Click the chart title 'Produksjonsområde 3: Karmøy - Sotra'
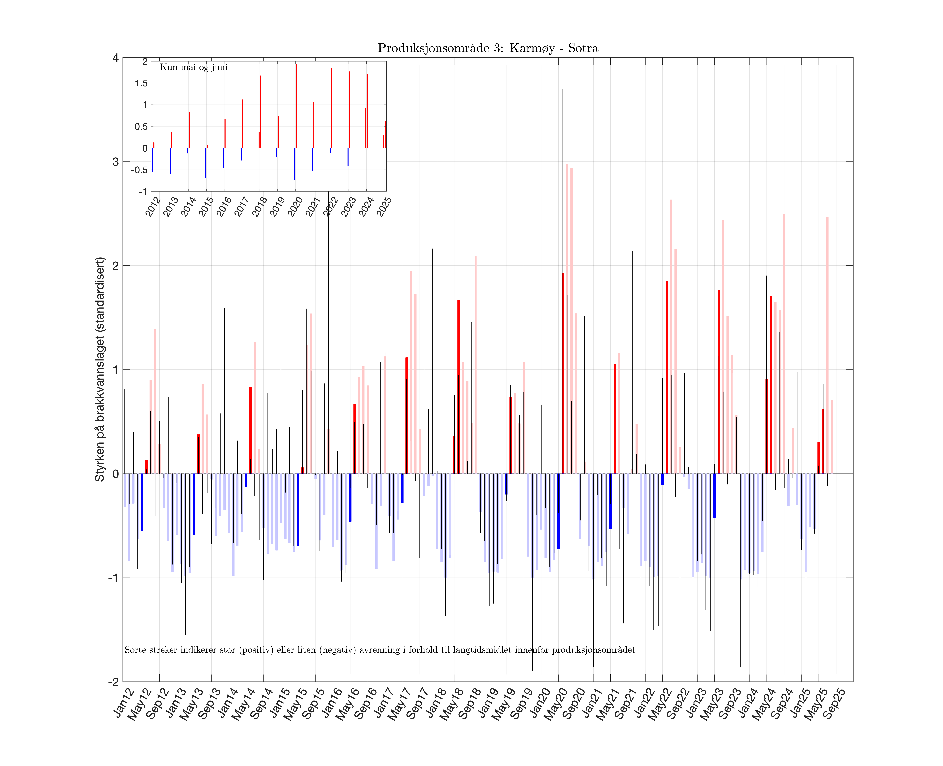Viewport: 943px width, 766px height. click(488, 48)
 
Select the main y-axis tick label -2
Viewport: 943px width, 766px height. click(113, 682)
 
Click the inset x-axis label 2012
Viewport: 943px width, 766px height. click(153, 206)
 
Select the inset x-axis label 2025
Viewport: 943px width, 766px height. click(384, 206)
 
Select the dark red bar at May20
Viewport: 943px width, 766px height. click(563, 373)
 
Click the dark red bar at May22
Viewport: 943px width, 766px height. click(667, 377)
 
